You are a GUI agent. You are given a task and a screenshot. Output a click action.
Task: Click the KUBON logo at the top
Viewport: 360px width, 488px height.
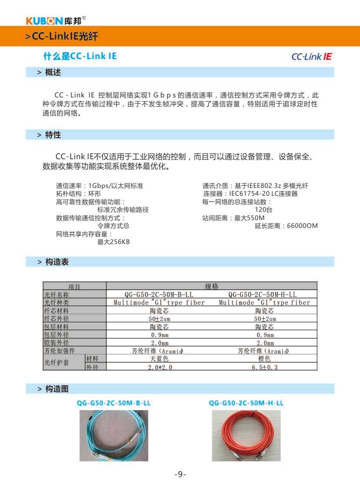(x=56, y=20)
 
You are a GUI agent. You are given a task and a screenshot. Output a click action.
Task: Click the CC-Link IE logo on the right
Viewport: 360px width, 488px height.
(x=312, y=57)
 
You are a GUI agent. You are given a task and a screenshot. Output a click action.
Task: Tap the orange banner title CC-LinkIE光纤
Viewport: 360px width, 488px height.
(x=64, y=37)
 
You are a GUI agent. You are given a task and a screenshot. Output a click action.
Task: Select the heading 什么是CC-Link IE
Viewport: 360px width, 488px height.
(x=80, y=57)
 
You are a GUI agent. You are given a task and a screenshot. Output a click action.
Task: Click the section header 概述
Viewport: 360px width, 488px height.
(x=53, y=72)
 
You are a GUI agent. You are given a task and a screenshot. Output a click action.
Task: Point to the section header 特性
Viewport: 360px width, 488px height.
(x=53, y=135)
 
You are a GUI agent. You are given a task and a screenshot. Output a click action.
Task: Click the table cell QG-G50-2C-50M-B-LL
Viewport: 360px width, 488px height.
(x=159, y=294)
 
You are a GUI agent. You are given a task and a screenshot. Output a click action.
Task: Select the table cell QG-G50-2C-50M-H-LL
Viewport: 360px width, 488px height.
(x=264, y=294)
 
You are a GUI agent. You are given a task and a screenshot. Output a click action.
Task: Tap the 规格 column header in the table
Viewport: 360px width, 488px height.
(x=212, y=286)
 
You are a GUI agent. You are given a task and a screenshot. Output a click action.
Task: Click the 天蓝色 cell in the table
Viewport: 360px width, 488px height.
(x=159, y=359)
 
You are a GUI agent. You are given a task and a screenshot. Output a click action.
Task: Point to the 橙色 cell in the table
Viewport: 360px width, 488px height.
(x=264, y=359)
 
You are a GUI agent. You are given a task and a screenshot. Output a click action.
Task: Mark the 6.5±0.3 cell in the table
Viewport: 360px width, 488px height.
(x=264, y=367)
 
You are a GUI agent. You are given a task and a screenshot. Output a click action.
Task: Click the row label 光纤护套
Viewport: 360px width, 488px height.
(x=57, y=363)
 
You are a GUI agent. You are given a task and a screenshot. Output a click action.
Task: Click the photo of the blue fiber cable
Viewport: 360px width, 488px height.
(x=114, y=436)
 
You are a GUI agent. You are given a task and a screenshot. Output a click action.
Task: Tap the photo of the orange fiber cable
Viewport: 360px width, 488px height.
(x=246, y=436)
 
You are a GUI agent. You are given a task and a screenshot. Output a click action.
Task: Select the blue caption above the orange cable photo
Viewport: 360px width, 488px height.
(x=246, y=403)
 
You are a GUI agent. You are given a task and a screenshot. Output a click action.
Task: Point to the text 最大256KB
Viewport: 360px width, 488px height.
(x=113, y=242)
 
